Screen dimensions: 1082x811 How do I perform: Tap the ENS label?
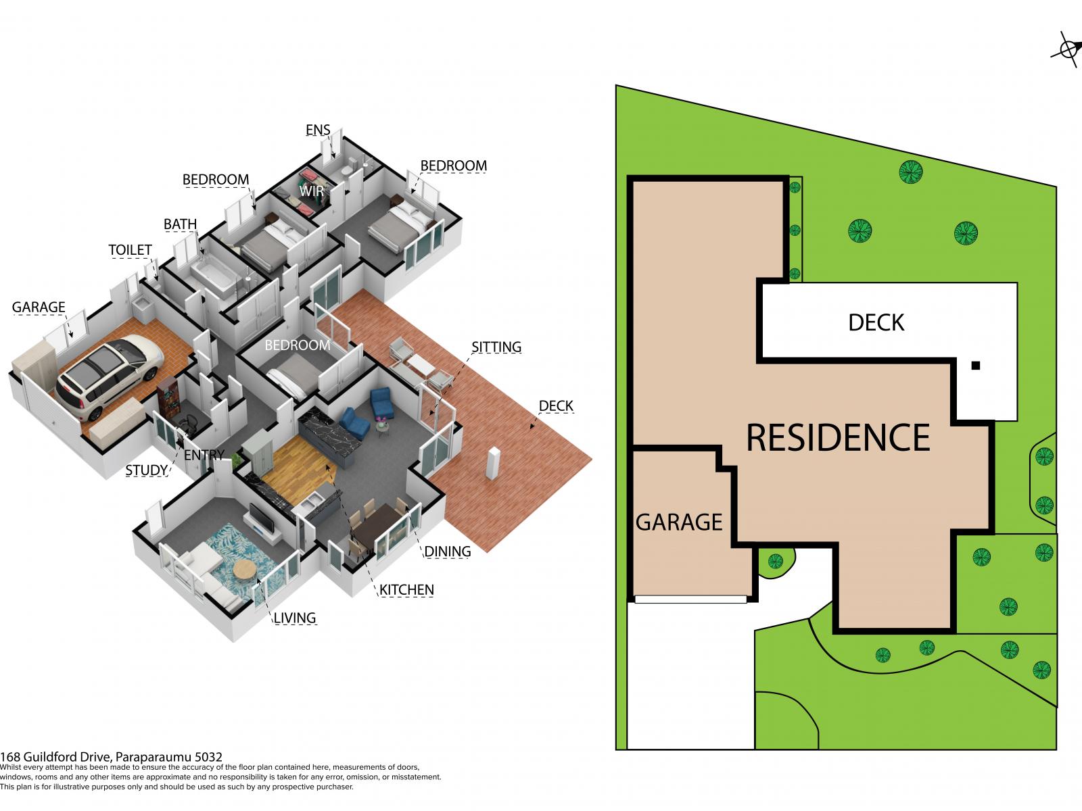point(317,130)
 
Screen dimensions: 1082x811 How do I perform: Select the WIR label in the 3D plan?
point(312,191)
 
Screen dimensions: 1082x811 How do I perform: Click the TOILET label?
point(130,250)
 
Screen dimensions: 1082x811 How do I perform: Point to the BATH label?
point(180,224)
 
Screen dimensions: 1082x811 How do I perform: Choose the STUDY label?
point(146,470)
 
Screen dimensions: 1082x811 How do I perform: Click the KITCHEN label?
point(406,589)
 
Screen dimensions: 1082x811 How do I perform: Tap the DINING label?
point(448,551)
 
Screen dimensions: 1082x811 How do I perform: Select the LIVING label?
point(295,618)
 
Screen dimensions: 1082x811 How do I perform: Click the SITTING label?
point(496,347)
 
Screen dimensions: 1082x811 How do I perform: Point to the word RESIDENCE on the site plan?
point(838,437)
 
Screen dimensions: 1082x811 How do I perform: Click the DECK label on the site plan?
point(876,322)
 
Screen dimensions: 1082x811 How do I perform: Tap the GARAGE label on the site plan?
point(679,522)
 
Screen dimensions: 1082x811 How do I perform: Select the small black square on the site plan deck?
point(976,366)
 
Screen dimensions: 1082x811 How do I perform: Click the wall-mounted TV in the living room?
point(262,518)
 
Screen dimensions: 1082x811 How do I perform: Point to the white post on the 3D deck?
point(493,464)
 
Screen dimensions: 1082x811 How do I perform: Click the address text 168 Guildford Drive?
point(56,757)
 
